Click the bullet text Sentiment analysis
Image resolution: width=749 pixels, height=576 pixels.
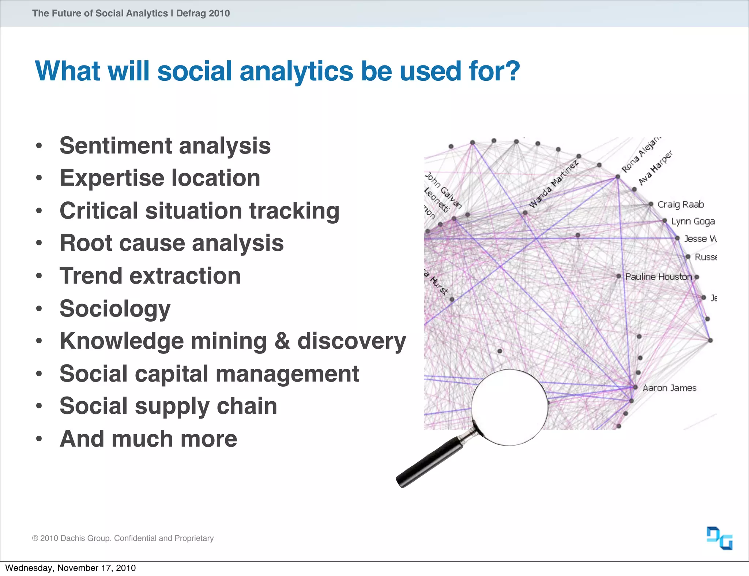click(x=165, y=146)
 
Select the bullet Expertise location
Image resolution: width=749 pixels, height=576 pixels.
click(x=160, y=178)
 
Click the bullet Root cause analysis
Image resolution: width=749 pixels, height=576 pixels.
click(x=172, y=243)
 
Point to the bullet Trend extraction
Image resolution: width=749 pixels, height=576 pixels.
click(x=150, y=276)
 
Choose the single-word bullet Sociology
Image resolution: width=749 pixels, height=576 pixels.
click(x=115, y=308)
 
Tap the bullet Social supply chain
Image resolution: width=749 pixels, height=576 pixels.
click(x=168, y=406)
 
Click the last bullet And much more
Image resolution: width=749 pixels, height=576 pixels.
click(x=148, y=439)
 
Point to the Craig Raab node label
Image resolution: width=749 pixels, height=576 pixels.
click(x=680, y=204)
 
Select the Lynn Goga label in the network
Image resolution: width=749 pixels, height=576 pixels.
click(x=693, y=221)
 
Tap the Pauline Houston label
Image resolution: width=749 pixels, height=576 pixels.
click(x=658, y=277)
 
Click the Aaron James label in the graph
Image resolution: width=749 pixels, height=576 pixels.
click(x=669, y=388)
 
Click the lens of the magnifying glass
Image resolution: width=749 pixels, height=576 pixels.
click(x=509, y=407)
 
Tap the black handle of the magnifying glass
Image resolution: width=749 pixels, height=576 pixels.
click(x=428, y=462)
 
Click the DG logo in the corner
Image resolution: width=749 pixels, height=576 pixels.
click(x=719, y=538)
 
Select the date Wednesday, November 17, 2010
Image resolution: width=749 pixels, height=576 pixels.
click(x=70, y=568)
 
